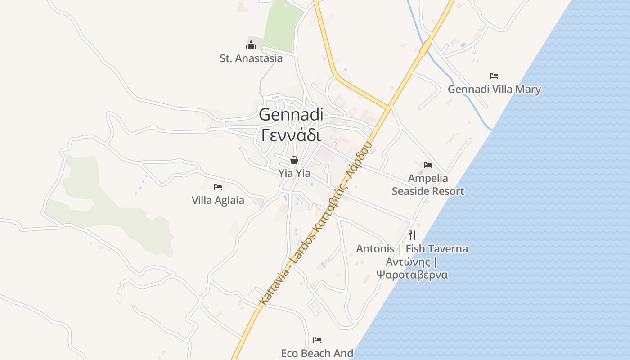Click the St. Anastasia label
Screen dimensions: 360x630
click(251, 58)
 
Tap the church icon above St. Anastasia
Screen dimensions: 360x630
click(251, 45)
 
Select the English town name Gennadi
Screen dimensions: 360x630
click(291, 115)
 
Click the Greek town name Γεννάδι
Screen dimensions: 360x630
click(291, 135)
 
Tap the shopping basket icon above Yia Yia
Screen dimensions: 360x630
click(294, 160)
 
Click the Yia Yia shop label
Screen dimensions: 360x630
click(294, 173)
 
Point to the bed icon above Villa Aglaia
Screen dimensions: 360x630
click(218, 187)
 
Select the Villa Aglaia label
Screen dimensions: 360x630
click(218, 201)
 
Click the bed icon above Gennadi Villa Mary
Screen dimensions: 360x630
click(494, 76)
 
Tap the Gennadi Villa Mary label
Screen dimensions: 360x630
click(494, 90)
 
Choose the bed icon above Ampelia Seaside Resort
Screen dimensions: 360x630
click(428, 165)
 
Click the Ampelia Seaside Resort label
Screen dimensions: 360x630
click(428, 185)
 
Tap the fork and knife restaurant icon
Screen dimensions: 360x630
click(412, 235)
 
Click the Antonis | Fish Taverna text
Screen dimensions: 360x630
click(412, 249)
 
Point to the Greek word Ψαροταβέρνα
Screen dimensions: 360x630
click(412, 274)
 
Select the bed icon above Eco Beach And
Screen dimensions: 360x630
click(317, 340)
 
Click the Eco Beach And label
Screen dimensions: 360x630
click(317, 353)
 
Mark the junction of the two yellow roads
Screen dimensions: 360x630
click(388, 108)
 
